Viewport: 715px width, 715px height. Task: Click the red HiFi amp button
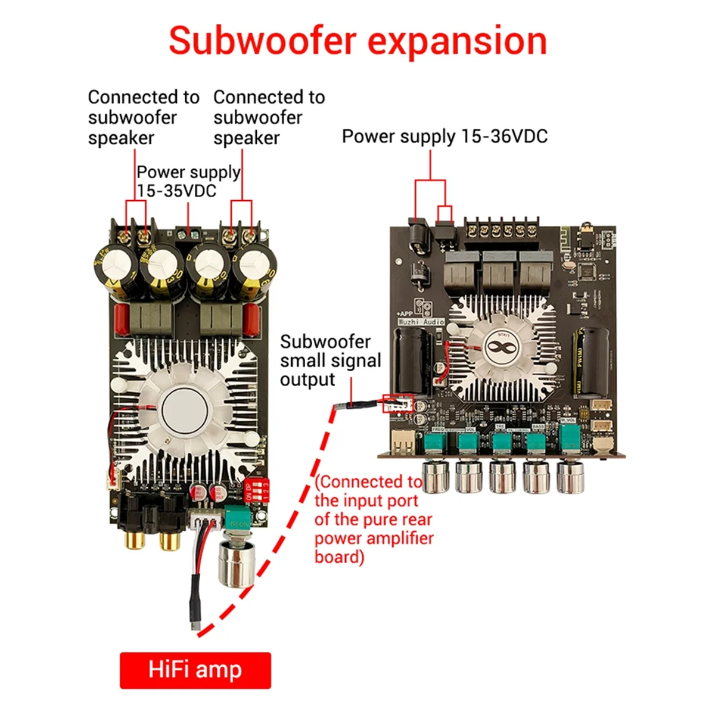tap(195, 670)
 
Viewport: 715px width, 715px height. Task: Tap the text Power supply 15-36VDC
tap(444, 136)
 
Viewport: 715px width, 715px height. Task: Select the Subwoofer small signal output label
tap(330, 360)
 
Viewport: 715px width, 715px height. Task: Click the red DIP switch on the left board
tap(257, 490)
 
